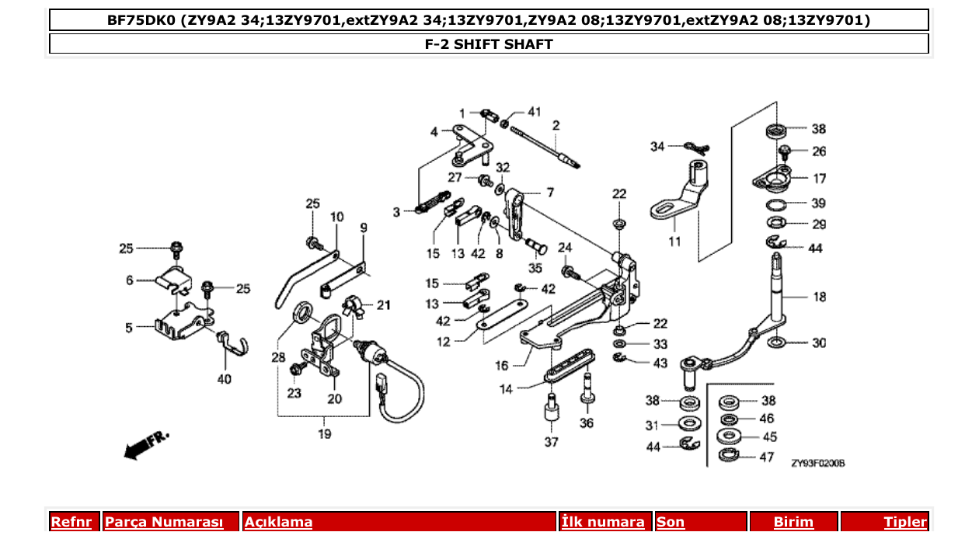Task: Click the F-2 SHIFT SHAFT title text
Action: point(488,44)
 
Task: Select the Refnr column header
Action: point(71,522)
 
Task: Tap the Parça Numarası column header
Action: point(164,522)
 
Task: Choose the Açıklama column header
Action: point(278,522)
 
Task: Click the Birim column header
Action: point(793,522)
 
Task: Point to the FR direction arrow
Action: point(145,444)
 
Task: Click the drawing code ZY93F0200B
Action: point(817,464)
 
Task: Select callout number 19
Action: point(325,433)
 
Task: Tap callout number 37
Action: point(551,443)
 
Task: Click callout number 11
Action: point(674,242)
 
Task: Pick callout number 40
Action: point(225,380)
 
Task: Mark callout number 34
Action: point(657,146)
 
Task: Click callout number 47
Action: point(766,457)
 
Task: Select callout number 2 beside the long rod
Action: point(556,125)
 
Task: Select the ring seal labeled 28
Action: point(303,313)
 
